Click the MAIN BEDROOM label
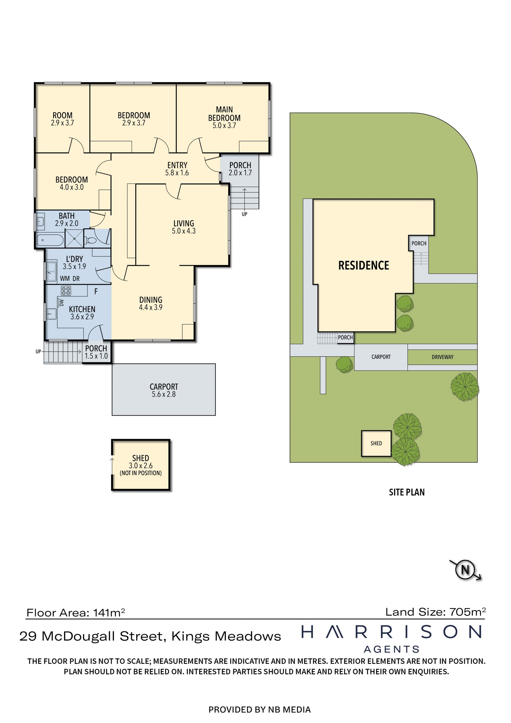pos(224,114)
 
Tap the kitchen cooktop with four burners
pos(66,291)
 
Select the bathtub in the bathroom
pos(50,240)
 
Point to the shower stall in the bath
pos(74,238)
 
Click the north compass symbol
pos(465,569)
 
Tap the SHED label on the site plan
pos(376,443)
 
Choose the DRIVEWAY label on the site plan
pos(442,357)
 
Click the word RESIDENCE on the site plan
pos(364,265)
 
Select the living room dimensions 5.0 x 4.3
pos(184,231)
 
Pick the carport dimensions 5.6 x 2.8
pos(164,394)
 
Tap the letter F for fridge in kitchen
pos(96,292)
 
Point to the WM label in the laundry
pos(65,279)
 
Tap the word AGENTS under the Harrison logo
pos(392,649)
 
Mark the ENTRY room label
pos(177,165)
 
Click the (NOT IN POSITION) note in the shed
pos(141,473)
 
